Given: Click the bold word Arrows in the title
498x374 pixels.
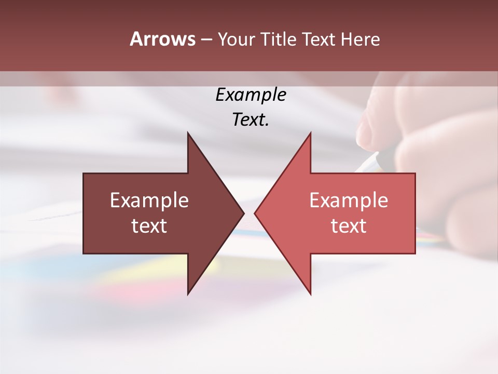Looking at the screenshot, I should (x=162, y=39).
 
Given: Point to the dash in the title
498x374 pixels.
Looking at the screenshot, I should (x=206, y=39).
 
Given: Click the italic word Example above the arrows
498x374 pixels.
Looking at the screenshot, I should (x=251, y=95).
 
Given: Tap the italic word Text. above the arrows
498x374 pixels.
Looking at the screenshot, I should (x=251, y=119).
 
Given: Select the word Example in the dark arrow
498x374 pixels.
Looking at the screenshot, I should (x=149, y=201).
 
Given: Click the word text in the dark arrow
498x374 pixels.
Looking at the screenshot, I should (x=149, y=226).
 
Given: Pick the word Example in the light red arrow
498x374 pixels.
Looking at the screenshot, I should (x=349, y=201).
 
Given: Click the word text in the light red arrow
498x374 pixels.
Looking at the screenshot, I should (x=349, y=226).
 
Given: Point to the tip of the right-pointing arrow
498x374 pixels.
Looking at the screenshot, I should (x=244, y=213).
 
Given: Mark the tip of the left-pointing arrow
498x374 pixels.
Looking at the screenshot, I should (x=255, y=213).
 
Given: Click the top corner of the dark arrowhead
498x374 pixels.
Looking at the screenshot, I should (x=188, y=133).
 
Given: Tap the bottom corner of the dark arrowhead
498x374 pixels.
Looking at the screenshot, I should (x=188, y=294).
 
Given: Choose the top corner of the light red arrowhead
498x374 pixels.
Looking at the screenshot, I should (x=310, y=133).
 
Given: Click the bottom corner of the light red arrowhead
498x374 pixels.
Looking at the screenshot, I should (x=310, y=294).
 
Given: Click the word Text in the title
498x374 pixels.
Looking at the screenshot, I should (x=319, y=39).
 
